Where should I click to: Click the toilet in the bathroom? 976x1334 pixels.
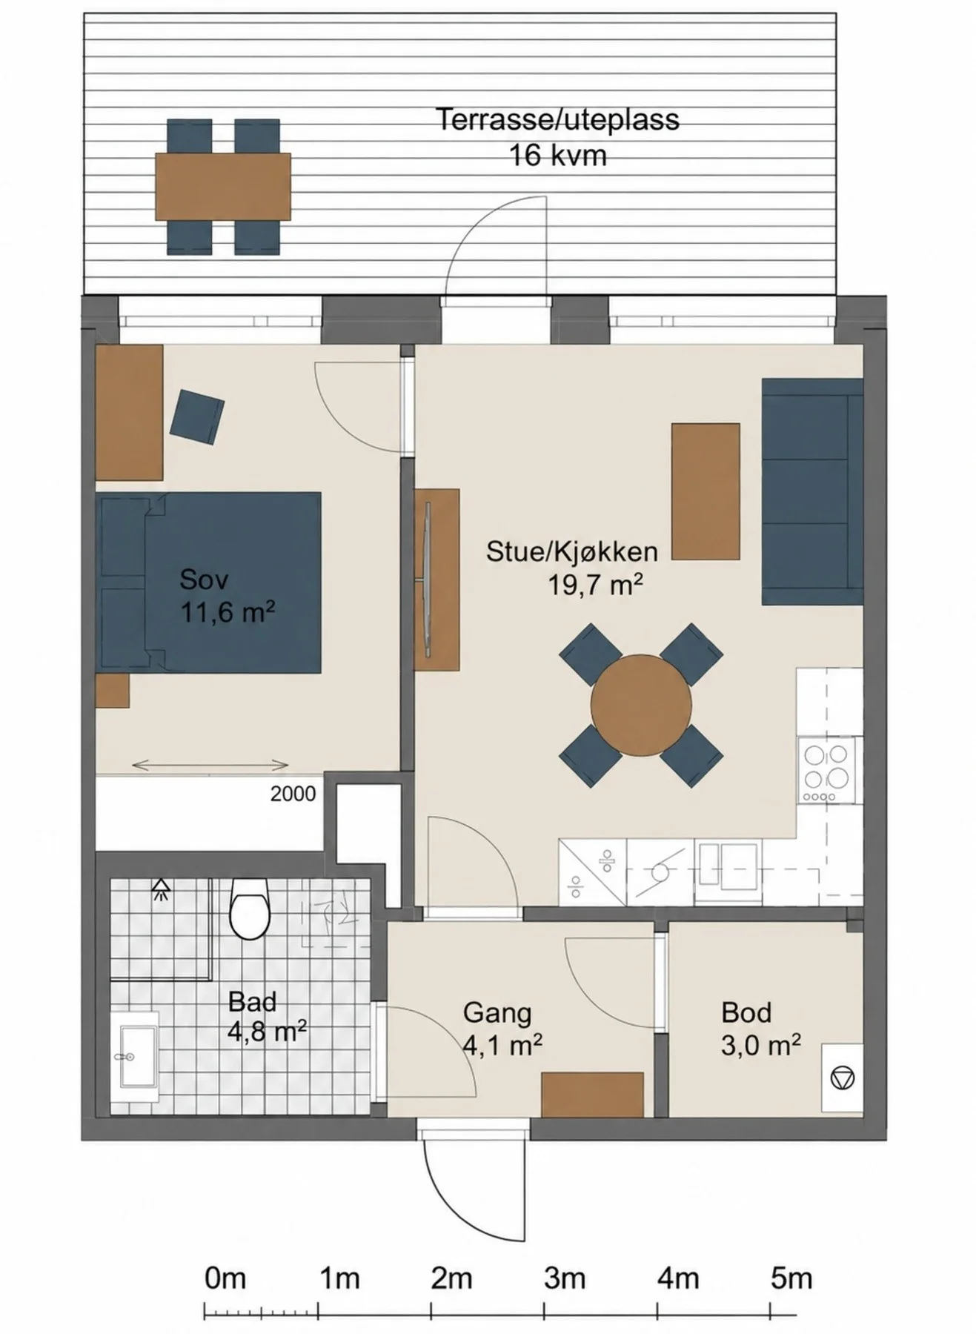click(x=249, y=909)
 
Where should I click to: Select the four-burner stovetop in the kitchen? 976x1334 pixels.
click(x=826, y=771)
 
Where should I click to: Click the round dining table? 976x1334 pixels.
click(x=641, y=705)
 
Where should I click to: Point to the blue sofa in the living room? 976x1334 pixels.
click(x=812, y=492)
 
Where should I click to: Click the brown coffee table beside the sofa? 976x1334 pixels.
click(x=706, y=491)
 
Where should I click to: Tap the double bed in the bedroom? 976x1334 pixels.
click(x=208, y=583)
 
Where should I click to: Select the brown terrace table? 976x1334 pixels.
click(x=223, y=187)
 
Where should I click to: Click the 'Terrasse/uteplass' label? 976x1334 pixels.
click(x=557, y=119)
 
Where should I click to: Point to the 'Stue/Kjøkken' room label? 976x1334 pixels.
click(x=572, y=551)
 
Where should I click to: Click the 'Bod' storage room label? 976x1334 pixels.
click(x=746, y=1012)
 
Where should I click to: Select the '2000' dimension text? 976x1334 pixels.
click(x=293, y=794)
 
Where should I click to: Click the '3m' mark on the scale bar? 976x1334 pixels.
click(x=565, y=1278)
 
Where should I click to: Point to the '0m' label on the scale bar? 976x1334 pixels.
click(x=225, y=1278)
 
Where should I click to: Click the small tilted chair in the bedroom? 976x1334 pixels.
click(x=197, y=417)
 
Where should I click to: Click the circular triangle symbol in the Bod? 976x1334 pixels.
click(x=843, y=1077)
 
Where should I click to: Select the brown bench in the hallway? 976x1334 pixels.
click(x=592, y=1095)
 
